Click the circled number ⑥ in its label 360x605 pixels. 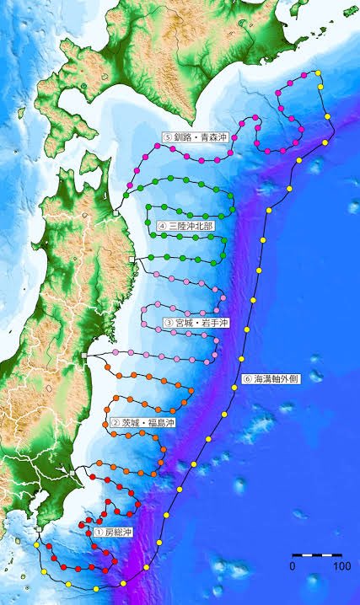[x=247, y=379]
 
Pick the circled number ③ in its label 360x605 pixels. [x=168, y=322]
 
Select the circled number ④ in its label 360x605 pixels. [x=161, y=226]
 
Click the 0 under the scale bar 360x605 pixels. [x=293, y=566]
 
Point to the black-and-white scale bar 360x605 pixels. [x=316, y=555]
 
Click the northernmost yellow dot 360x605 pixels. [x=318, y=73]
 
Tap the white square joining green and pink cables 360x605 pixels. [x=133, y=258]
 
